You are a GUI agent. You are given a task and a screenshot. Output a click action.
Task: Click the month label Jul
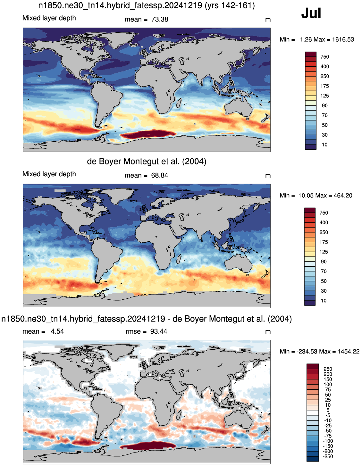tap(311, 13)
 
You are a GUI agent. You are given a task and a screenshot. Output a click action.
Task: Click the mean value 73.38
tap(160, 20)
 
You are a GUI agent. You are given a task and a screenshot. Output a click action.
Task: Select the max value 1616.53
tap(343, 39)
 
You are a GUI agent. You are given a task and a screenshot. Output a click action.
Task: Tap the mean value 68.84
tap(160, 175)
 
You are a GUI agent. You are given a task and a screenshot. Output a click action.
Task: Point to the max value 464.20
tap(343, 196)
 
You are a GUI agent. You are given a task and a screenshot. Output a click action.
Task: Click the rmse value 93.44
tap(158, 331)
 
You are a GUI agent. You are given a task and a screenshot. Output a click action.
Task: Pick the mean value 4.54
tap(57, 331)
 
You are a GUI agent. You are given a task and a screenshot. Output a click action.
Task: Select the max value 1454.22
tap(348, 351)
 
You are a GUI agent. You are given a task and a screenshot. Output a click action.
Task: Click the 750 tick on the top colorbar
tap(324, 57)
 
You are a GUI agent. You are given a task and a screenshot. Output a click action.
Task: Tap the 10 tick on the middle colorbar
tap(324, 300)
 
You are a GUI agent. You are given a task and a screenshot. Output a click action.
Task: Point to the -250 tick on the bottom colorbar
tap(328, 456)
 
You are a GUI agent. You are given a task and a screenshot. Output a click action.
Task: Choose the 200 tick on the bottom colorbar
tap(328, 374)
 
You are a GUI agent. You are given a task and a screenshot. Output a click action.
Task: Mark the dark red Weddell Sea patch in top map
tap(148, 135)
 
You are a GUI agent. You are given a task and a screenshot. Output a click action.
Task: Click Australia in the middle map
tap(239, 263)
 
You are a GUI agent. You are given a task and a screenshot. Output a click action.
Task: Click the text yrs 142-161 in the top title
tap(230, 5)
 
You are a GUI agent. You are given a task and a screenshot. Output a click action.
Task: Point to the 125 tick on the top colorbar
tap(324, 96)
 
